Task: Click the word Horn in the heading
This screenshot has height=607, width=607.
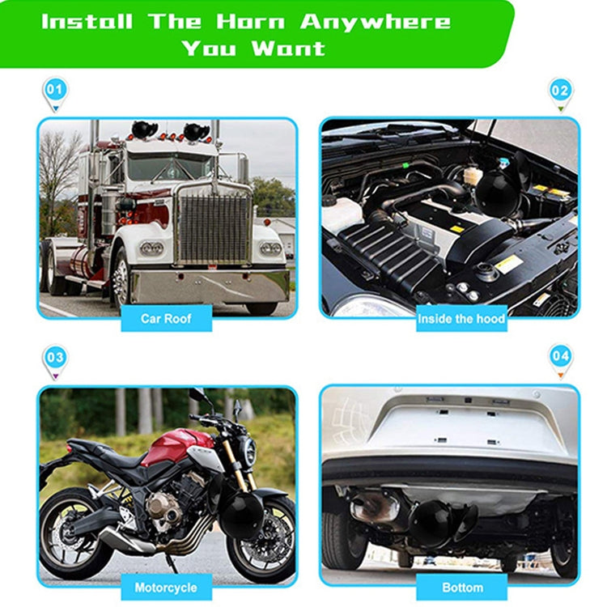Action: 257,20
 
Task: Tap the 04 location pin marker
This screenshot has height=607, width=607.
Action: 560,357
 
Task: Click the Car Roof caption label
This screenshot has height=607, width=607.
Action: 166,318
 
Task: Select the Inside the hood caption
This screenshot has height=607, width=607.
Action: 461,318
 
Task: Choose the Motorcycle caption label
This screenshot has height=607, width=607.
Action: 166,587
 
